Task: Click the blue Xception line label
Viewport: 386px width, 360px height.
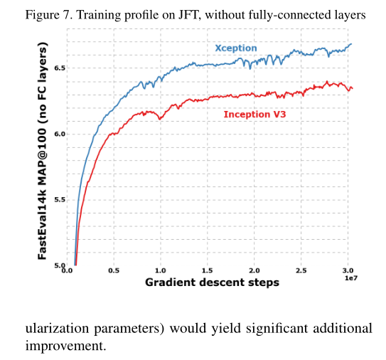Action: (236, 48)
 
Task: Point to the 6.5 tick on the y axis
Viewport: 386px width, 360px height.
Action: (59, 68)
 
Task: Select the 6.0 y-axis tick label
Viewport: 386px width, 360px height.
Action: (59, 134)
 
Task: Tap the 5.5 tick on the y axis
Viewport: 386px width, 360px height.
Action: (59, 199)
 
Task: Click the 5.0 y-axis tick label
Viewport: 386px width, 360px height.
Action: (59, 265)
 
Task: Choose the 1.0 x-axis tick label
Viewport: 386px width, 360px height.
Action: (161, 270)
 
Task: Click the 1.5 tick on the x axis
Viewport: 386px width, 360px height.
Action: (208, 270)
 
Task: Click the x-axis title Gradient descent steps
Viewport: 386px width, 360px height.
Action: (212, 282)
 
